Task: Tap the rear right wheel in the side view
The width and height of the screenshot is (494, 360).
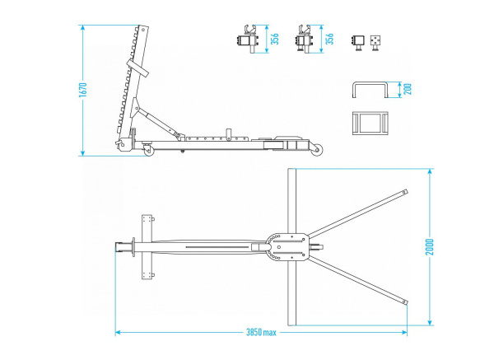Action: [316, 150]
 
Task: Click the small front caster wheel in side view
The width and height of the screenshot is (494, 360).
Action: [148, 152]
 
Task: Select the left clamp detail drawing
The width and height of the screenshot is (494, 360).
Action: [247, 41]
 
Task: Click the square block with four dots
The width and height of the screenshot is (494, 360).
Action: [375, 41]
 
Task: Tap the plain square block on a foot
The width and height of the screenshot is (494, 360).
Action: [358, 42]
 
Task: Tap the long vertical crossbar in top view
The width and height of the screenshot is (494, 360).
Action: [290, 247]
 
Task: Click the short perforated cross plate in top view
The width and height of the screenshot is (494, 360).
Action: [148, 246]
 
